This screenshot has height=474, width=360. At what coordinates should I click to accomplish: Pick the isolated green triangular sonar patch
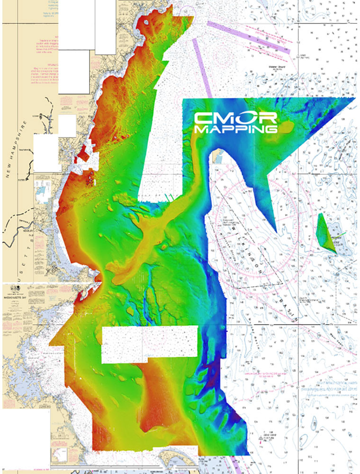coord(327,235)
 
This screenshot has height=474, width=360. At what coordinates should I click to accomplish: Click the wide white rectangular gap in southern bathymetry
coord(149,343)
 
